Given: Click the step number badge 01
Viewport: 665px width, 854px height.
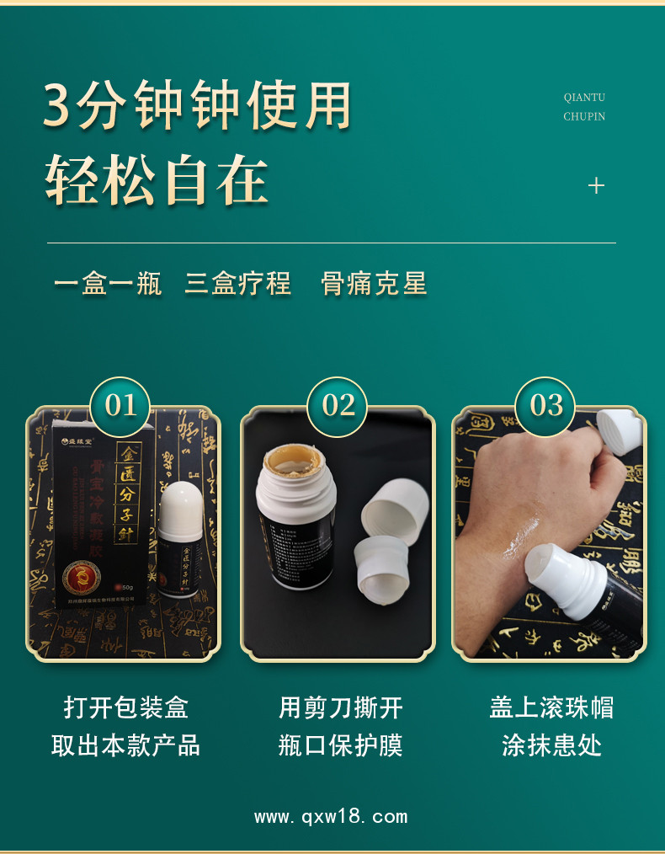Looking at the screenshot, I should point(120,406).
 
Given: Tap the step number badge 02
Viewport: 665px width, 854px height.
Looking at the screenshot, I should point(338,406).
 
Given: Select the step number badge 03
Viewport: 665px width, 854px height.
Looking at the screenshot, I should point(546,406).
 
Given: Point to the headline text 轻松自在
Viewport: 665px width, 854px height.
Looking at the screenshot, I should point(157,180).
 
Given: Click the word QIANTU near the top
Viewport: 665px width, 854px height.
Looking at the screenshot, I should point(584,98).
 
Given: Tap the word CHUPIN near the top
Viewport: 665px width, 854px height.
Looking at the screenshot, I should point(584,117).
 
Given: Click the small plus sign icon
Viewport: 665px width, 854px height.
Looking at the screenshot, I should point(596,185).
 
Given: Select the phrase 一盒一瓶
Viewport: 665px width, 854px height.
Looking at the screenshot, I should point(108,284).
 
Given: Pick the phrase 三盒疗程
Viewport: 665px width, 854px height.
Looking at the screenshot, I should point(238,284).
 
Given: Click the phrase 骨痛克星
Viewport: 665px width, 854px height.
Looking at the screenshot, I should point(375,284).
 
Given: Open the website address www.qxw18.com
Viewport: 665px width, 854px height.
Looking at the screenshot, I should point(331,816).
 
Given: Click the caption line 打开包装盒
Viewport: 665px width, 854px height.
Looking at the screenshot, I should point(126,707).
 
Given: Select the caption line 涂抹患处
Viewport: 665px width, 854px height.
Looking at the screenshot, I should point(552,745).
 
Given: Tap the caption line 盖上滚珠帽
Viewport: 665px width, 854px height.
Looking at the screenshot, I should point(552,707).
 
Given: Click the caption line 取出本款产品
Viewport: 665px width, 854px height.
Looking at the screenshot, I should point(126,745).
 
